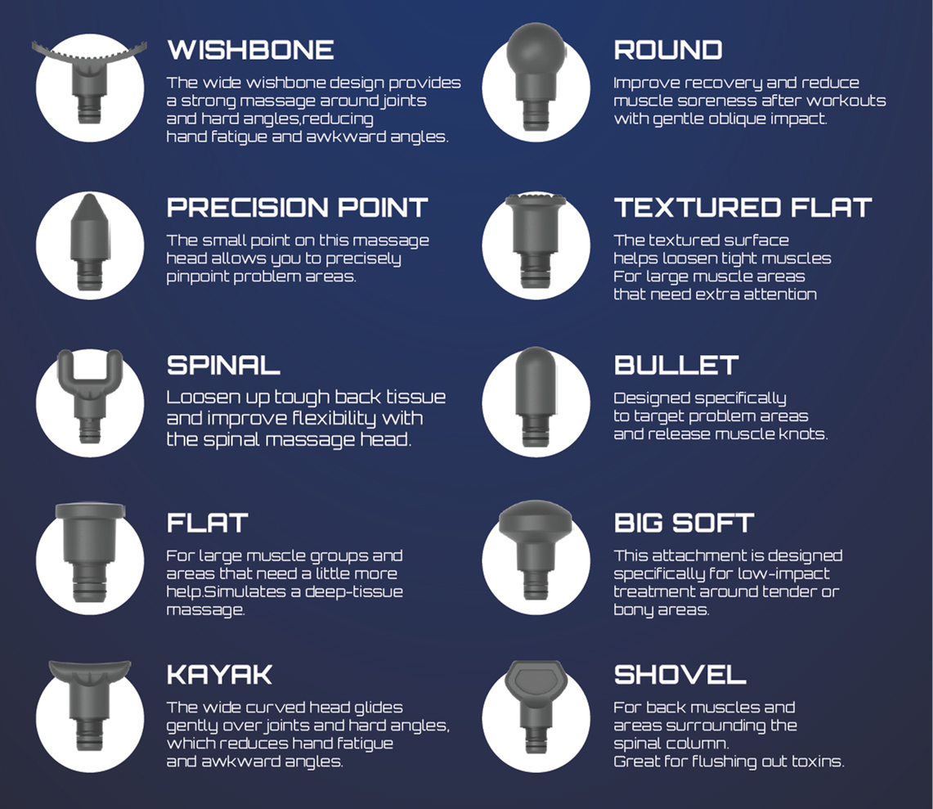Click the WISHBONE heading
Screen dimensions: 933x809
pyautogui.click(x=250, y=51)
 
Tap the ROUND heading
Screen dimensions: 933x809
pyautogui.click(x=667, y=51)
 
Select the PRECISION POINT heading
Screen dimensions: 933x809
pyautogui.click(x=297, y=208)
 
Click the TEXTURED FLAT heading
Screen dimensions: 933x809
pyautogui.click(x=742, y=208)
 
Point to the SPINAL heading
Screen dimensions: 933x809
pyautogui.click(x=223, y=366)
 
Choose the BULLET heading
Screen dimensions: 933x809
pyautogui.click(x=676, y=366)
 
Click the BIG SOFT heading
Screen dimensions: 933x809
pyautogui.click(x=684, y=524)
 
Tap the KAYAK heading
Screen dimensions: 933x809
pyautogui.click(x=219, y=675)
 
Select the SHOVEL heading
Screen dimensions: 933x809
pyautogui.click(x=680, y=675)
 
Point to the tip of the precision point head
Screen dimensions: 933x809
pyautogui.click(x=89, y=196)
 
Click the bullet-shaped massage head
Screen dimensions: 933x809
pyautogui.click(x=536, y=397)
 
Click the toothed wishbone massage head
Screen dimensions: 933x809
pyautogui.click(x=89, y=80)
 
